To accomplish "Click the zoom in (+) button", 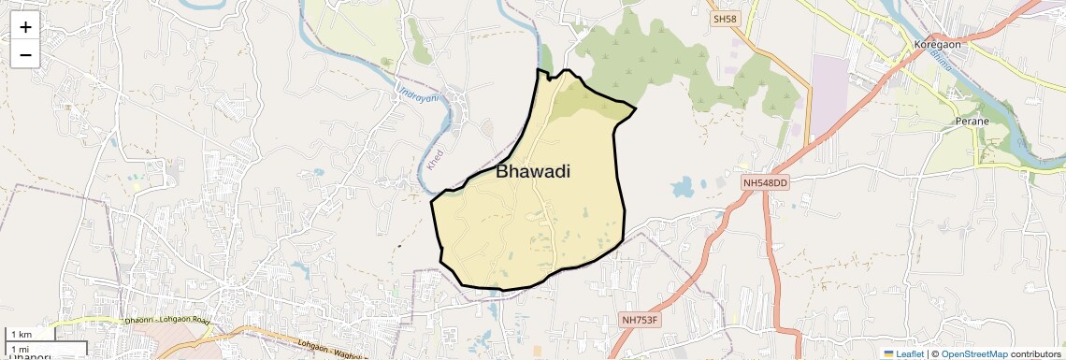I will coord(25,27).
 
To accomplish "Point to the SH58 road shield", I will coord(725,19).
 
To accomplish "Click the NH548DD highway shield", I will coord(766,182).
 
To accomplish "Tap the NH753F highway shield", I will coord(641,320).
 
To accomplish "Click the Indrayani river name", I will coord(418,94).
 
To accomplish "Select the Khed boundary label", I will coord(435,159).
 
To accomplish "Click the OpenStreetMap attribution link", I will coord(974,354).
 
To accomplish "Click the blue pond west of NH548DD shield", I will coord(684,187).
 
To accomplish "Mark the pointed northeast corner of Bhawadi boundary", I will coord(636,109).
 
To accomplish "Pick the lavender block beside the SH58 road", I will coord(828,94).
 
